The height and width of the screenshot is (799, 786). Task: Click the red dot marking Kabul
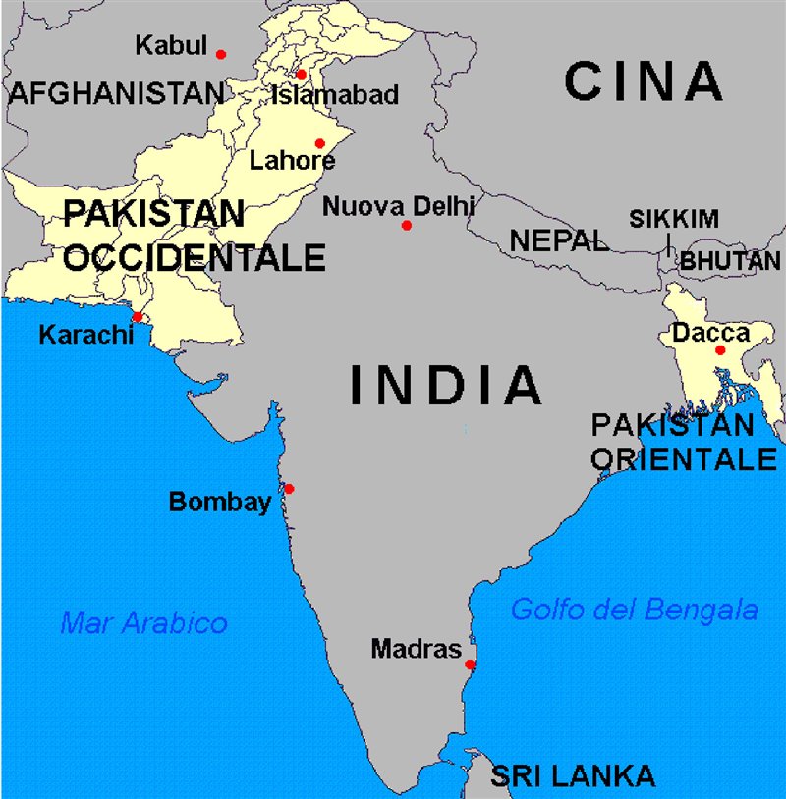pyautogui.click(x=221, y=54)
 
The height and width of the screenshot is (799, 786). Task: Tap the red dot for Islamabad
pyautogui.click(x=301, y=75)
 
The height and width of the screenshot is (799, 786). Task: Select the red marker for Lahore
pyautogui.click(x=319, y=143)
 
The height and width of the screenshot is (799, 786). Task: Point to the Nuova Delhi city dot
pyautogui.click(x=406, y=226)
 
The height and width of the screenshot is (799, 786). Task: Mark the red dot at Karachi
pyautogui.click(x=138, y=316)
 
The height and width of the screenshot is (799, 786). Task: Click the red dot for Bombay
pyautogui.click(x=288, y=488)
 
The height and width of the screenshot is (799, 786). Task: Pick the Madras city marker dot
pyautogui.click(x=470, y=665)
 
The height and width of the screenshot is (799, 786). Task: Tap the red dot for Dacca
pyautogui.click(x=719, y=350)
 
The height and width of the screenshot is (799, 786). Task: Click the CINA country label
pyautogui.click(x=644, y=82)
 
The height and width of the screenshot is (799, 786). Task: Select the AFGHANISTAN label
pyautogui.click(x=116, y=93)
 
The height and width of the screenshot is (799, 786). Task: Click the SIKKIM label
pyautogui.click(x=674, y=219)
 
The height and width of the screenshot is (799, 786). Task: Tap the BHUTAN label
pyautogui.click(x=730, y=261)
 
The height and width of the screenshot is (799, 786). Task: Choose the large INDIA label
pyautogui.click(x=446, y=385)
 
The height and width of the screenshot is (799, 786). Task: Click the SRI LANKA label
pyautogui.click(x=573, y=775)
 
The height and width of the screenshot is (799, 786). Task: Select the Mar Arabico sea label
pyautogui.click(x=143, y=622)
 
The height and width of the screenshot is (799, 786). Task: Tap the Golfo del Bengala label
pyautogui.click(x=634, y=610)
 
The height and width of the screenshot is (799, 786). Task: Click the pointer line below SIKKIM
pyautogui.click(x=668, y=243)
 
